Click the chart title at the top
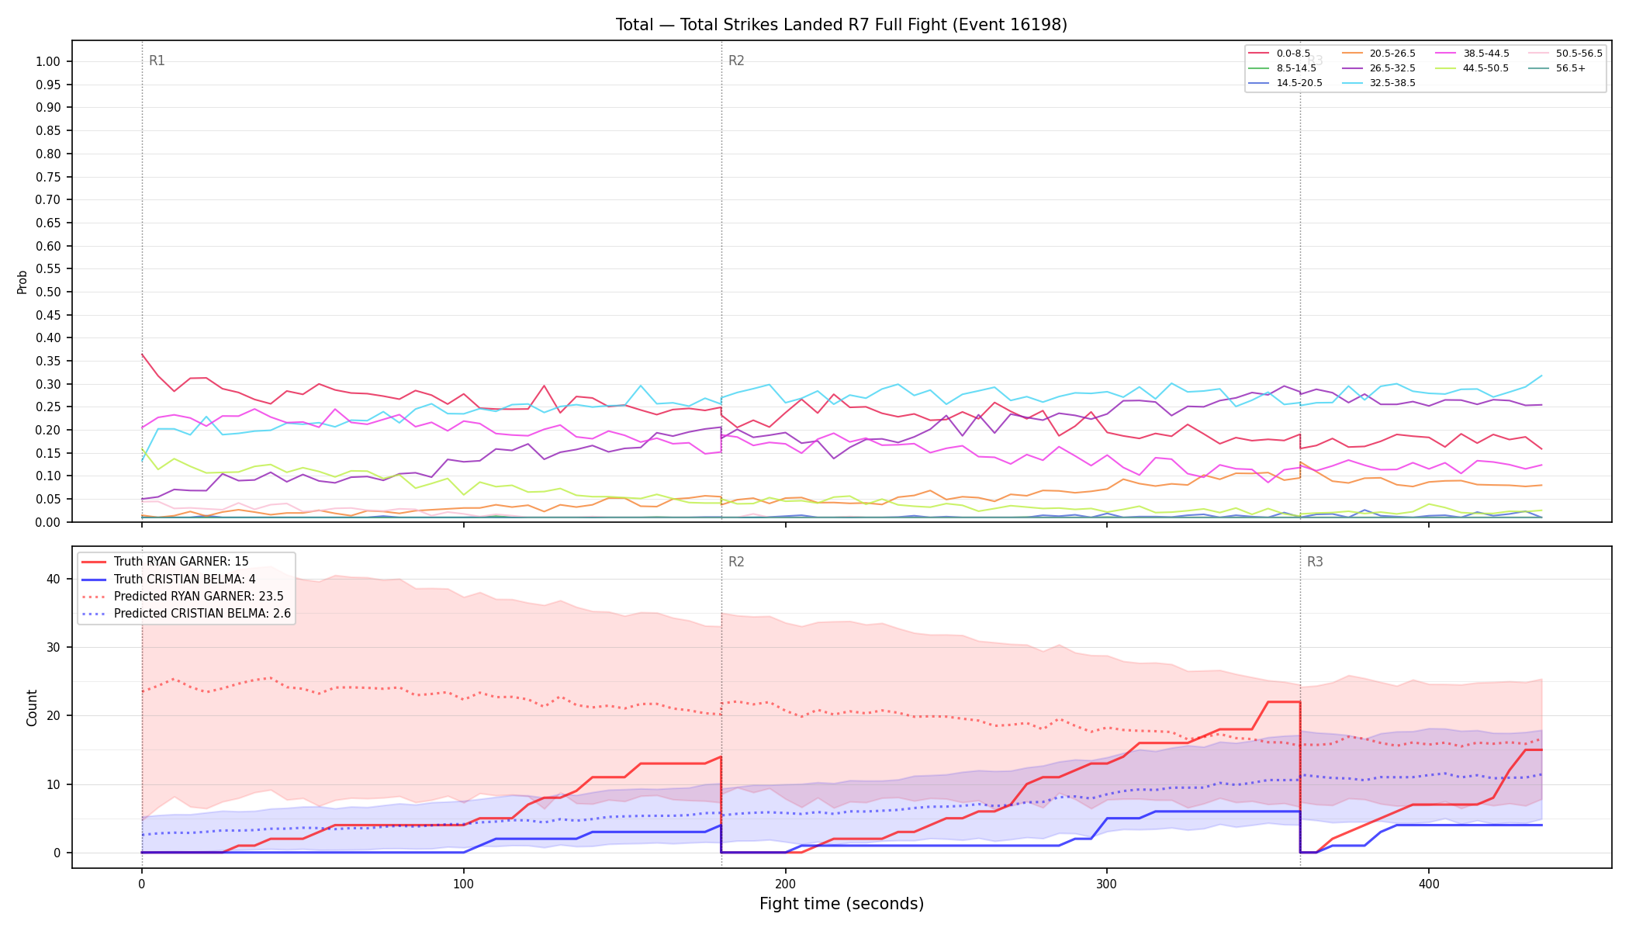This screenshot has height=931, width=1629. pos(841,25)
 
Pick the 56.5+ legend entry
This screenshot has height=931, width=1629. pos(1555,68)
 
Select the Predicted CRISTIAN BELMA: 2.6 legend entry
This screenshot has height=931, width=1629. pos(186,614)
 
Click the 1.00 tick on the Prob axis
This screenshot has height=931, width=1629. pos(48,62)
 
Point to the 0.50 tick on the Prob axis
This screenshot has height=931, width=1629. pos(48,292)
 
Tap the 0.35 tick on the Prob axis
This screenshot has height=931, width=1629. pos(48,362)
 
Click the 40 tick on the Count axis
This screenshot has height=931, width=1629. pos(54,580)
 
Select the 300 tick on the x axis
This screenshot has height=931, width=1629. pos(1107,884)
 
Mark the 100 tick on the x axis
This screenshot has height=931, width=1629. pos(463,884)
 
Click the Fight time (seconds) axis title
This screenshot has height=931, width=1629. pos(842,904)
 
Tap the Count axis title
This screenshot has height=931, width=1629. pos(32,708)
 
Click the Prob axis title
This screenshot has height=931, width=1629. pos(22,282)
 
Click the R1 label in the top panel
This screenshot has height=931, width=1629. pos(157,61)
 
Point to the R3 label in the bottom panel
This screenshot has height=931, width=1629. pos(1315,562)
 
